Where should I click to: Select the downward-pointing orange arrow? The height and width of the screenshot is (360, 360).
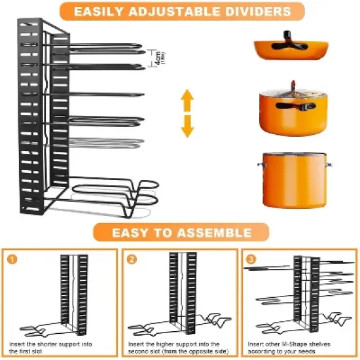[188, 126]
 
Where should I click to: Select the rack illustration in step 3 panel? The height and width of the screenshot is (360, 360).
[301, 291]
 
